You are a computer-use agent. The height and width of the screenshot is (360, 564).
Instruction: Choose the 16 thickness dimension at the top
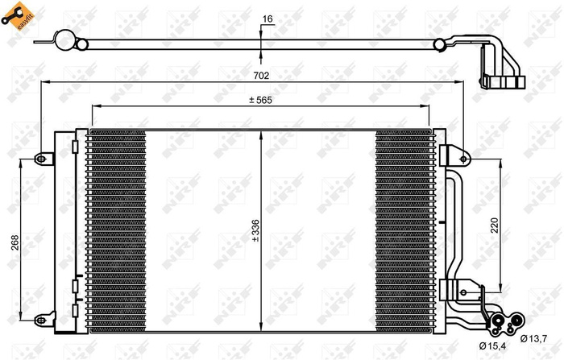tap(268, 17)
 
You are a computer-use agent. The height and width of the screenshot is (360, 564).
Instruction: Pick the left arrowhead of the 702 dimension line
tap(44, 81)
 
